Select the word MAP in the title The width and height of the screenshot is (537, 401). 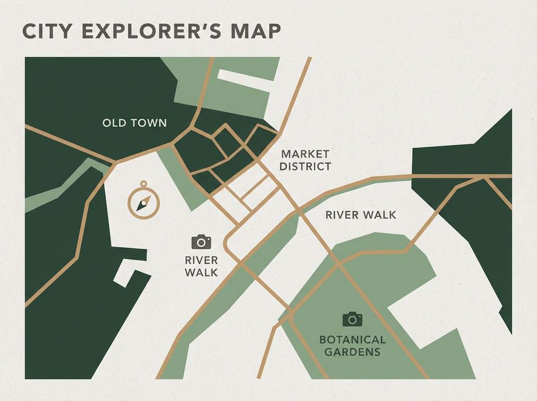tap(256, 33)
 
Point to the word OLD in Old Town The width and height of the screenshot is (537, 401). tap(114, 123)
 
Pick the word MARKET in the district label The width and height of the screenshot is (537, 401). tap(305, 154)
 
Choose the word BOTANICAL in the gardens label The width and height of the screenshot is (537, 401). tap(352, 340)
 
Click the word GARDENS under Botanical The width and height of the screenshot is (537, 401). tap(352, 352)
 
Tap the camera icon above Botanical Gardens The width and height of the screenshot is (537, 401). tap(352, 319)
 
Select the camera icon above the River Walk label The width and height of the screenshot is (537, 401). tap(201, 242)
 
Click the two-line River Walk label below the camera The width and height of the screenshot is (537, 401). tap(201, 266)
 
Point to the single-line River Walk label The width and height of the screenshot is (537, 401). tap(361, 215)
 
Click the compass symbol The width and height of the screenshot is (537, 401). tap(144, 203)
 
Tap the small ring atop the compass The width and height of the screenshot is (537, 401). tap(144, 183)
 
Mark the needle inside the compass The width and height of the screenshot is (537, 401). tap(143, 204)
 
